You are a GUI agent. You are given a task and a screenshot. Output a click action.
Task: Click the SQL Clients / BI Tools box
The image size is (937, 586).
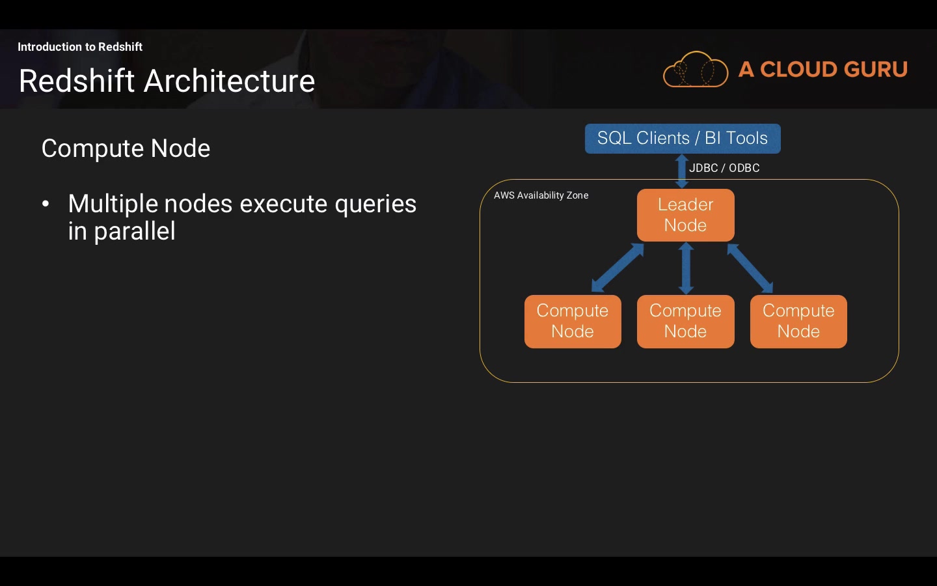point(683,139)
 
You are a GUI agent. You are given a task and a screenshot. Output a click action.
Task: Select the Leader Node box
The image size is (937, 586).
point(685,215)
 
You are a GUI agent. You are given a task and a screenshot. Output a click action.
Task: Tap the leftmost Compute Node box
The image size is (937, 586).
point(573,321)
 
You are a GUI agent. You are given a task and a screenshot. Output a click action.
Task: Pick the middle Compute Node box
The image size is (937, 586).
point(685,321)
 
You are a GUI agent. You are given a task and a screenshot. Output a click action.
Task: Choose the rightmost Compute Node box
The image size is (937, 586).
point(798,321)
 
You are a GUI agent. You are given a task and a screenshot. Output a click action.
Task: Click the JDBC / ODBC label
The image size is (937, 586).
point(724,168)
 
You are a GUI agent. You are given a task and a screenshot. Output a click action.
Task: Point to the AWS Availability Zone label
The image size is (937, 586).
point(541,195)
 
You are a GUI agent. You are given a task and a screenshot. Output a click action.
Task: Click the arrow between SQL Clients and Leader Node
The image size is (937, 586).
point(682,171)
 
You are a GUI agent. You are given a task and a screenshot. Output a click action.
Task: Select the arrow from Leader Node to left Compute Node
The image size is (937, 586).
point(617,268)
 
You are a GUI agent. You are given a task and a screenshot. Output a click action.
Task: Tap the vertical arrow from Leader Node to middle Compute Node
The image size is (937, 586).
point(686,268)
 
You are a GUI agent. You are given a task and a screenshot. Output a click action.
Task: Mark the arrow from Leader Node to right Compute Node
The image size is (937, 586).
point(750,268)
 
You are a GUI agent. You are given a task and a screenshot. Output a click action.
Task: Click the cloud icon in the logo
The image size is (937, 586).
point(695,70)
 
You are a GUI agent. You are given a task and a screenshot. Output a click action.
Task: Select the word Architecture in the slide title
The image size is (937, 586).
point(229,81)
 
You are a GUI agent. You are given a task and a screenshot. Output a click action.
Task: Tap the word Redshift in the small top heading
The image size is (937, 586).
point(120,47)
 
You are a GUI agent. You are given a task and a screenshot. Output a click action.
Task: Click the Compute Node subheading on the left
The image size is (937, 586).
point(126,148)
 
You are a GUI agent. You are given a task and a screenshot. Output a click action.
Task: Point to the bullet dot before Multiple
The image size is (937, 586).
point(46,204)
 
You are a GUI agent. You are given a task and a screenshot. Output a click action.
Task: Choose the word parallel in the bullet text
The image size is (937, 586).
point(135,231)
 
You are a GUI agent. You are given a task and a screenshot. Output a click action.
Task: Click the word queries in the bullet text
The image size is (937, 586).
point(375,204)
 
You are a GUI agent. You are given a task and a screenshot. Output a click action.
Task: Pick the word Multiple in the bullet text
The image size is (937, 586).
point(113,204)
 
